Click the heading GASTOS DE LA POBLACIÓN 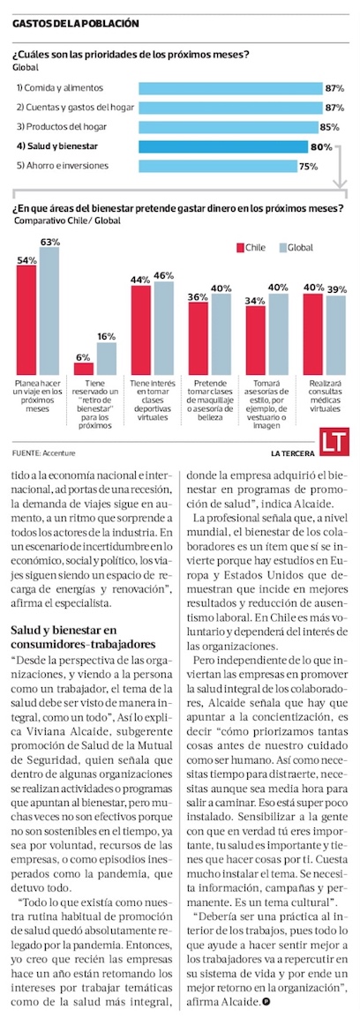pos(76,23)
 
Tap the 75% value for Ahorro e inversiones pos(307,166)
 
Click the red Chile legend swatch pos(239,247)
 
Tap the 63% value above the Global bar pos(49,242)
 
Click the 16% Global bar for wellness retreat pos(107,359)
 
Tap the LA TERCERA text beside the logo pos(293,452)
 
